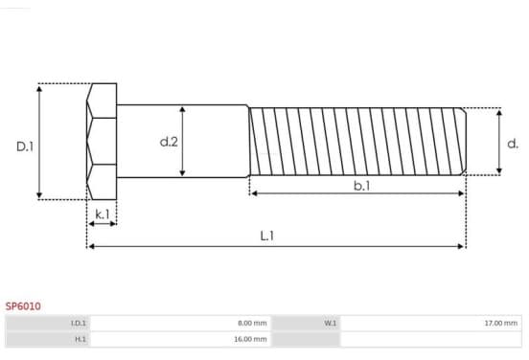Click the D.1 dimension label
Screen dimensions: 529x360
(25, 146)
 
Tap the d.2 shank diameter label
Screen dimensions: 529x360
(169, 142)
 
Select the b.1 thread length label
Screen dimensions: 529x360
(361, 186)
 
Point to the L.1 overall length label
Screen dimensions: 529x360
(267, 236)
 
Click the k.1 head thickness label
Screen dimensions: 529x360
(103, 214)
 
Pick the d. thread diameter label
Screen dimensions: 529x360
(513, 144)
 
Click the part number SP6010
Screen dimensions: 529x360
(23, 306)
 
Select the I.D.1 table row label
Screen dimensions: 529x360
(79, 323)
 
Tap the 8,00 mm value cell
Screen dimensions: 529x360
(252, 323)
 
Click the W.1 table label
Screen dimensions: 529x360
(331, 323)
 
